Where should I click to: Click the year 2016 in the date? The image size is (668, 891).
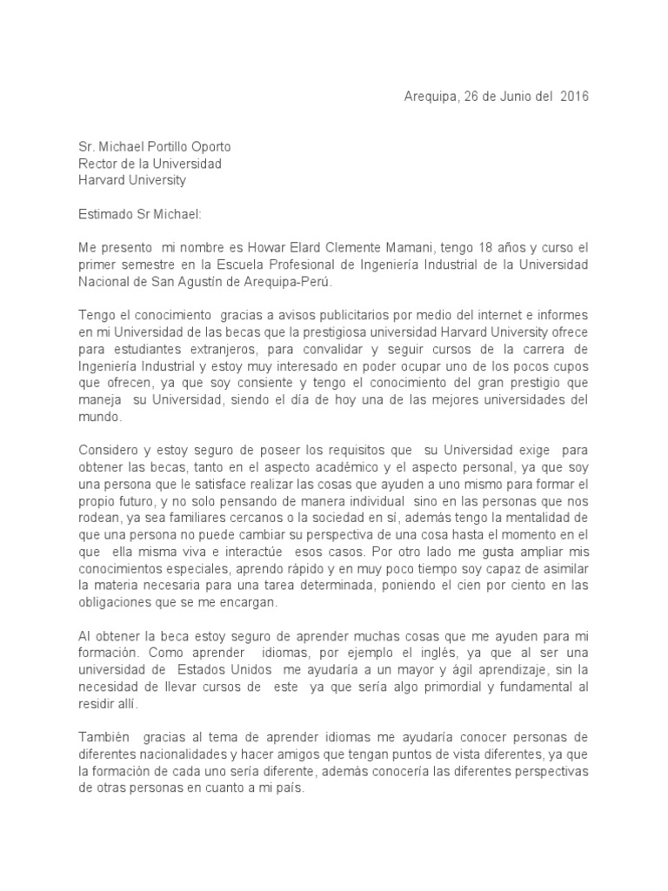pos(574,97)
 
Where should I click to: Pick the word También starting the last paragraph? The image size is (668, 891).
pos(104,739)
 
